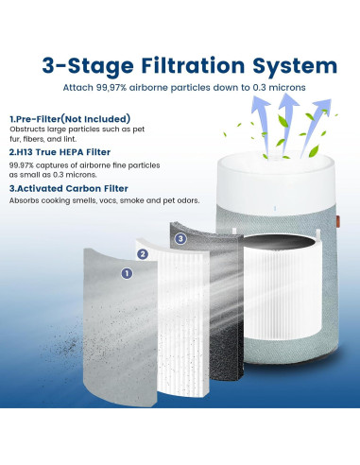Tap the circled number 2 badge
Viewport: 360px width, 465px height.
[x=144, y=254]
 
